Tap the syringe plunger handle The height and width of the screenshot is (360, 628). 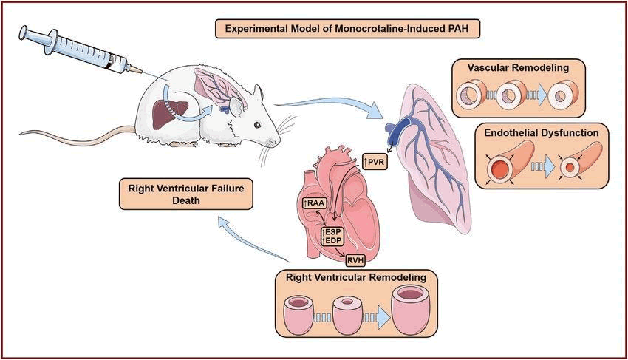pos(24,33)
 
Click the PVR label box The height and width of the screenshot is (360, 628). pos(376,160)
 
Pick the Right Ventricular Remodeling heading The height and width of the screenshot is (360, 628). pos(351,278)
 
